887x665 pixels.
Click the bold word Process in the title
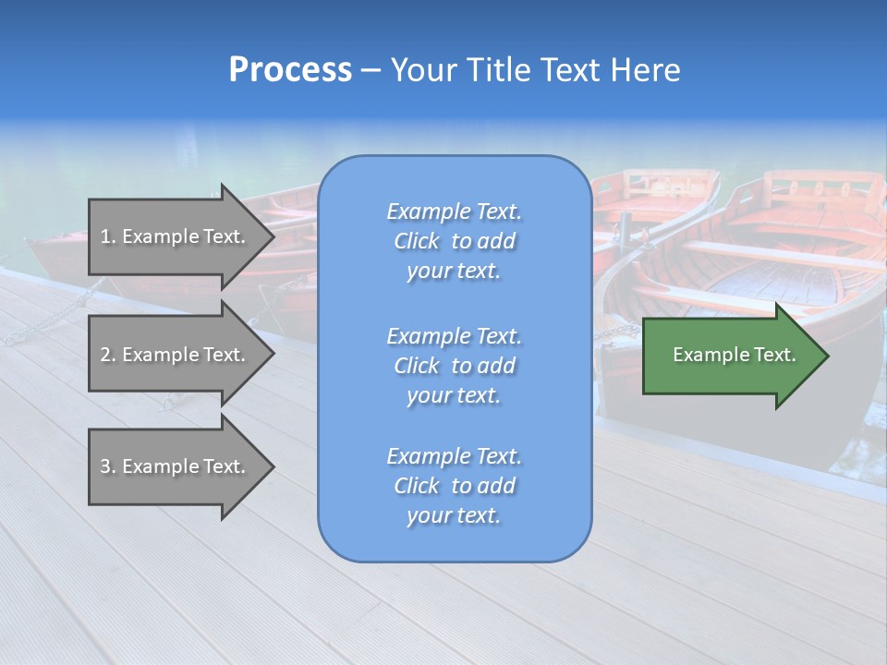coord(290,70)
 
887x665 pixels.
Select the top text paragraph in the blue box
coord(454,241)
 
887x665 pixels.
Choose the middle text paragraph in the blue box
coord(454,366)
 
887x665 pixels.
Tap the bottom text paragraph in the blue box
coord(454,486)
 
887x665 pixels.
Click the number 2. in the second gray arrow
coord(108,355)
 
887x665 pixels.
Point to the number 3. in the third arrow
coord(108,466)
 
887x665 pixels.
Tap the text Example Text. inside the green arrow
coord(734,355)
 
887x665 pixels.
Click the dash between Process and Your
coord(371,71)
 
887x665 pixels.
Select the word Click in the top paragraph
coord(417,241)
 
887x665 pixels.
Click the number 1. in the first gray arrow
coord(107,236)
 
